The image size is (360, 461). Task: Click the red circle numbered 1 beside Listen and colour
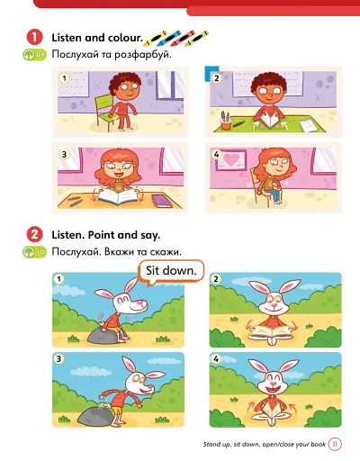pyautogui.click(x=34, y=38)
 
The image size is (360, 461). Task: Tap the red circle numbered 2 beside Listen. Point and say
pyautogui.click(x=34, y=233)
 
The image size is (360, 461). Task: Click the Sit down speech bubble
pyautogui.click(x=172, y=270)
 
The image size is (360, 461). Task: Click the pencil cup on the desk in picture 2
pyautogui.click(x=228, y=119)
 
